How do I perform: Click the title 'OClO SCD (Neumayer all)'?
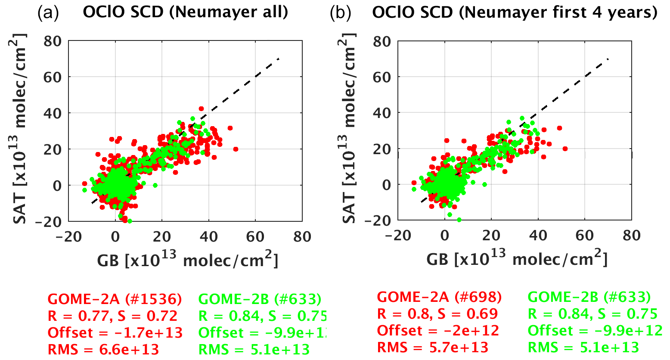[x=185, y=12]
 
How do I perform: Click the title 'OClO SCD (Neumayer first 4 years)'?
[x=515, y=12]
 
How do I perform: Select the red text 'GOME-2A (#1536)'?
[x=115, y=299]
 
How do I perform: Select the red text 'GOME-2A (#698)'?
[x=439, y=297]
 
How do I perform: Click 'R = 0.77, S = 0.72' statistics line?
[x=112, y=316]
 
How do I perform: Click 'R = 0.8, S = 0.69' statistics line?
[x=437, y=314]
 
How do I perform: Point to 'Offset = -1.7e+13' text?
[x=115, y=333]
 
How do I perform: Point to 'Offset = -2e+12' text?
[x=438, y=331]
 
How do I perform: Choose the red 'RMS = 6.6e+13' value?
[x=103, y=349]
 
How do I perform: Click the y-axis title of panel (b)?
[x=350, y=129]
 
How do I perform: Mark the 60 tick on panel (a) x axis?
[x=255, y=237]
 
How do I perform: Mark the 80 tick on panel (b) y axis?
[x=382, y=42]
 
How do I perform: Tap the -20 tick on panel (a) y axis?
[x=52, y=221]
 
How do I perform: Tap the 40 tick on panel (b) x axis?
[x=538, y=236]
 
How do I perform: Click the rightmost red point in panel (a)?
[x=236, y=149]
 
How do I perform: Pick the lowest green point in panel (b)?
[x=459, y=220]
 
